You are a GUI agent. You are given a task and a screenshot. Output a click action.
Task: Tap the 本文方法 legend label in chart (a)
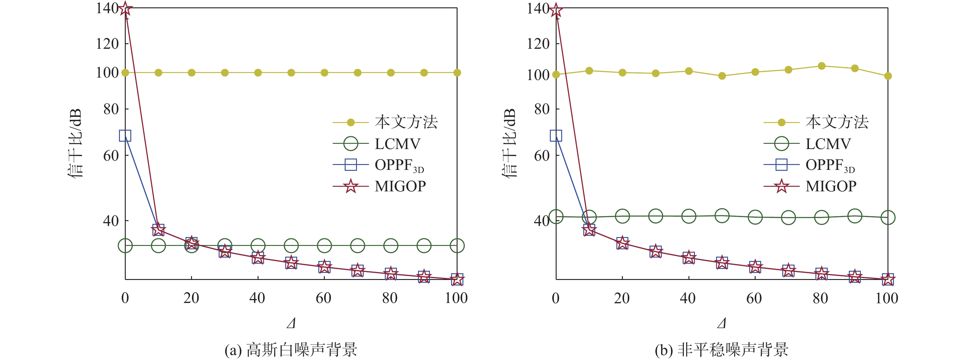[x=406, y=122]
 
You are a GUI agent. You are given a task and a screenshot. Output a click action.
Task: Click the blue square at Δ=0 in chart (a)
[x=125, y=135]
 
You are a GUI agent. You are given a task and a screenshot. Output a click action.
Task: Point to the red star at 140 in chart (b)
[x=556, y=10]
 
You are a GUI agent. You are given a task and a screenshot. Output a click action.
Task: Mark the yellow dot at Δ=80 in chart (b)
[x=822, y=66]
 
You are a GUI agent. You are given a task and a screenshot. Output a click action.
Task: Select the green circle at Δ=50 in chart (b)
[x=722, y=216]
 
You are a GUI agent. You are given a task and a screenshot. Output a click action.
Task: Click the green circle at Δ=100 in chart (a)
[x=457, y=246]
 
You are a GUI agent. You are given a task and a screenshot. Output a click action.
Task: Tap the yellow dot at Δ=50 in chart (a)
[x=291, y=73]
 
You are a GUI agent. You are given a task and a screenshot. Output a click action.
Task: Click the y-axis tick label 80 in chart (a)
[x=111, y=109]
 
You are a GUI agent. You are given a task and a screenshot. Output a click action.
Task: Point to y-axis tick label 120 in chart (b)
[x=538, y=44]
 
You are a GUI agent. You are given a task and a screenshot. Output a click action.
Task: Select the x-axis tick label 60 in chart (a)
[x=324, y=298]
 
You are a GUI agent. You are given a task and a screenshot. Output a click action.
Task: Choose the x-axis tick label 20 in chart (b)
[x=622, y=298]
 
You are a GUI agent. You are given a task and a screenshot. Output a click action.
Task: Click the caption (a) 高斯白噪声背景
[x=291, y=350]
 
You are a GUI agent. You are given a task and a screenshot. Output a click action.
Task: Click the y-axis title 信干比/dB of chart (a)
[x=75, y=143]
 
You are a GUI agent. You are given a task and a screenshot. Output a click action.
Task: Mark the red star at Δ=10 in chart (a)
[x=158, y=229]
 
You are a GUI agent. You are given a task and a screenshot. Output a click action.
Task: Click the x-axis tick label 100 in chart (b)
[x=887, y=298]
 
